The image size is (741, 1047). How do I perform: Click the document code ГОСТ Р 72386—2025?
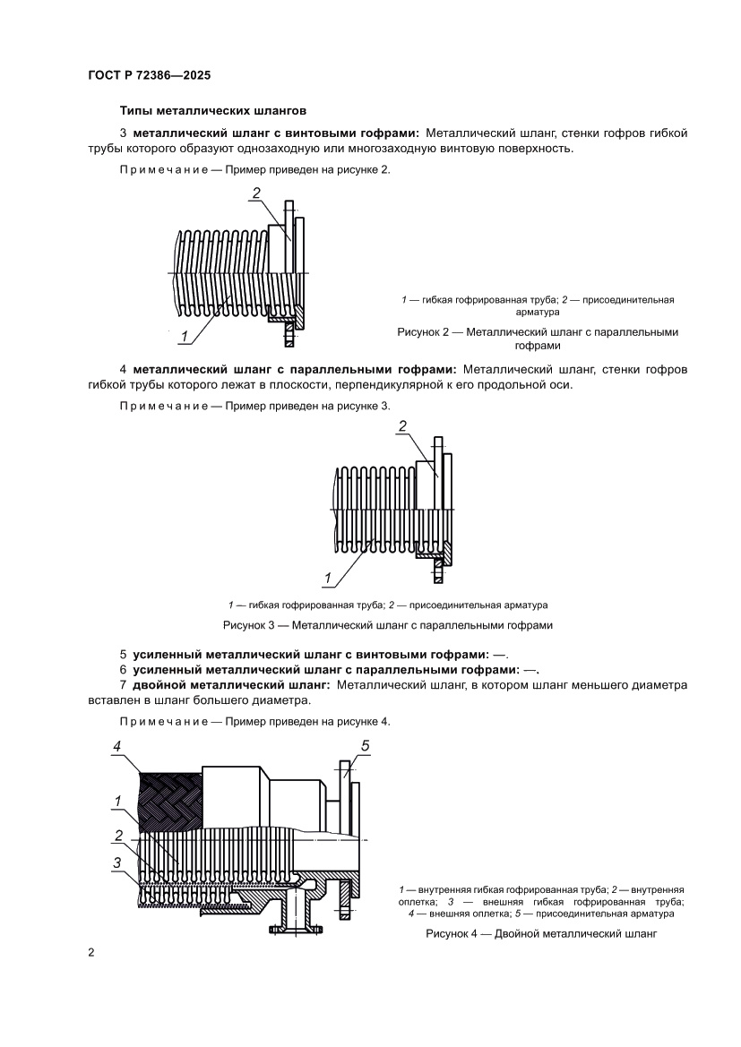[149, 76]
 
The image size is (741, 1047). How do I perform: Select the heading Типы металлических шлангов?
[213, 111]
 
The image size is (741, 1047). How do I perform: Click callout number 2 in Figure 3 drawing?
[402, 426]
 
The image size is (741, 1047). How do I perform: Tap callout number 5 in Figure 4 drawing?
[365, 746]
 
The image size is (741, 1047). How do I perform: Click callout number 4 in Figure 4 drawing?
[117, 746]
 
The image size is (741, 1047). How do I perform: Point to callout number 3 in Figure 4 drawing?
[117, 862]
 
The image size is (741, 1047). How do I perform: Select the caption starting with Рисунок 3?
[387, 624]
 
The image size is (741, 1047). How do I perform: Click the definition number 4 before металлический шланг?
[123, 369]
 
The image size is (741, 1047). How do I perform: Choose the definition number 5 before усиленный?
[123, 653]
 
